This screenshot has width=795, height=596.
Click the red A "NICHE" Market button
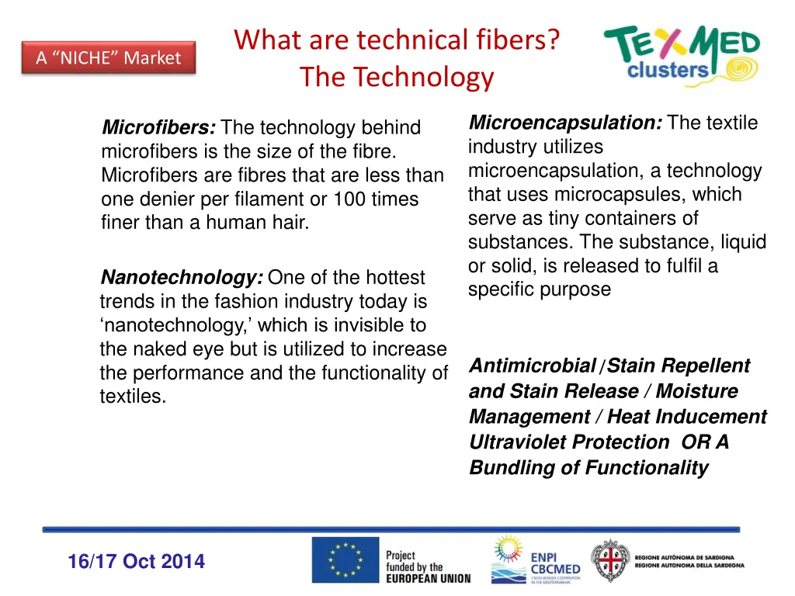pos(108,58)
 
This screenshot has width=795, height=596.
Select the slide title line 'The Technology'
pos(396,77)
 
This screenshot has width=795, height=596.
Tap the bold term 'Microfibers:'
pos(159,127)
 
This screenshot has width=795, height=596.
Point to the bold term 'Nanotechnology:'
pos(182,277)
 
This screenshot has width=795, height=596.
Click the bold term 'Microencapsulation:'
pos(565,123)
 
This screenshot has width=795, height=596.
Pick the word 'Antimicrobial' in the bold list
pos(532,366)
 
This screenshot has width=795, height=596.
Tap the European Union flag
pos(345,560)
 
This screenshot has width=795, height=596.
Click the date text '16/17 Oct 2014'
pos(137,562)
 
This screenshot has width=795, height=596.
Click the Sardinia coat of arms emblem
pos(609,560)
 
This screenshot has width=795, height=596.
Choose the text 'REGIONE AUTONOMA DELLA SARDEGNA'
pos(689,566)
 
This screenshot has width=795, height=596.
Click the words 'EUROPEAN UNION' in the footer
pos(428,578)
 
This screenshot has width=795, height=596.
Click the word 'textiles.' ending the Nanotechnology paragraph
pos(133,397)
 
